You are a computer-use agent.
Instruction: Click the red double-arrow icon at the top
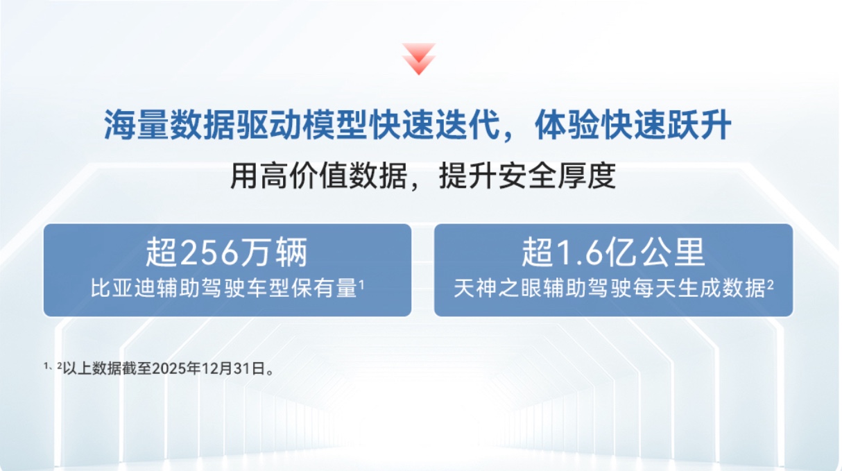coord(419,59)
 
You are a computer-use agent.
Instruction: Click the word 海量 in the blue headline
coord(137,125)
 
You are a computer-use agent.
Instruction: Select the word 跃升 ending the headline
coord(699,125)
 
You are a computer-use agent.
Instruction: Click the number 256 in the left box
coord(209,252)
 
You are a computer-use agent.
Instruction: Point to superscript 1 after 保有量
coord(361,284)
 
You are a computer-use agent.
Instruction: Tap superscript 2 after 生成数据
coord(770,284)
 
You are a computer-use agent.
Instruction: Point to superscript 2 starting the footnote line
coord(60,366)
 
